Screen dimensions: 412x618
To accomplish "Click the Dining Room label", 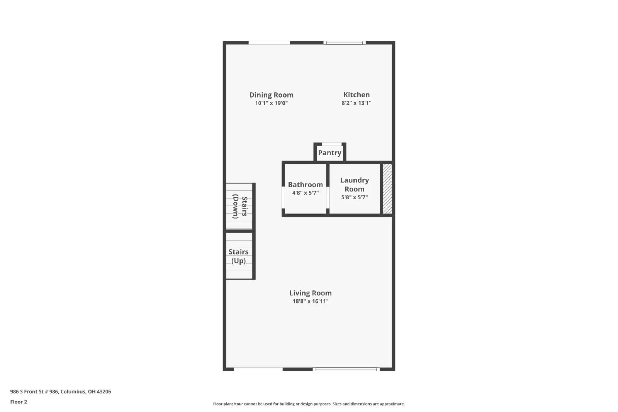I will [271, 95].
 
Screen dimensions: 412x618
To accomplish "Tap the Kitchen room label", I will [356, 95].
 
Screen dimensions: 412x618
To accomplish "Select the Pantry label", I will [329, 153].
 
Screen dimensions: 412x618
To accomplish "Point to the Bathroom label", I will [305, 185].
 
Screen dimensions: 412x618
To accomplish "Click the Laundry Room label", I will [354, 185].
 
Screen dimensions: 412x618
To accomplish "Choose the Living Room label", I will [310, 293].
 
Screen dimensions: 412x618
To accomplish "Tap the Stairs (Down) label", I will [239, 207].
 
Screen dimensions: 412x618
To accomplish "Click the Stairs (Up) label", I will [238, 256].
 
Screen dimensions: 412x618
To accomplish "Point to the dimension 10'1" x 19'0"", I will [271, 103].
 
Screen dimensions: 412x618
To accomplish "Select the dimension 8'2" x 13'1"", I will [356, 103].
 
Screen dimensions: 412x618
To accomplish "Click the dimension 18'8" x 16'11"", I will [310, 301].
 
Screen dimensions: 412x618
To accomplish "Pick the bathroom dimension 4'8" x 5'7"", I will [305, 193].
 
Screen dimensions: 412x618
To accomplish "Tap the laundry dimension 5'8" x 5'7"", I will [354, 197].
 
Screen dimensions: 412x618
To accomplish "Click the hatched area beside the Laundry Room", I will [387, 188].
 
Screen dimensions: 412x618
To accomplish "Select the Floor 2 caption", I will [19, 402].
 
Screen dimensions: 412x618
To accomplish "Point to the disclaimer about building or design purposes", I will [309, 404].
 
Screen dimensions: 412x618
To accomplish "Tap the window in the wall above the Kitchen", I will [345, 42].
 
